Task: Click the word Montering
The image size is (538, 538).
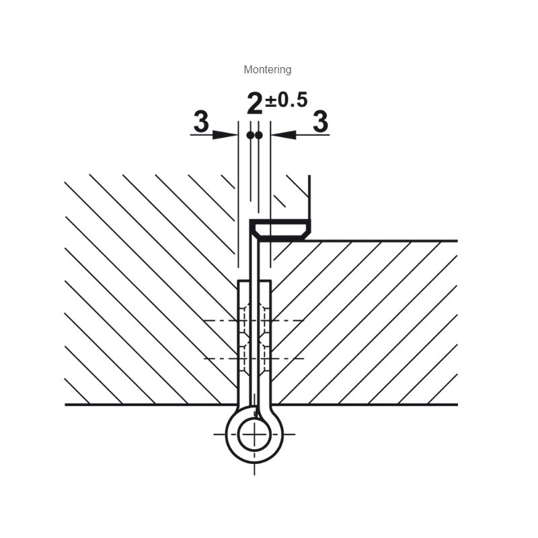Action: coord(267,70)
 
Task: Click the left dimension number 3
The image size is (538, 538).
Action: coord(201,121)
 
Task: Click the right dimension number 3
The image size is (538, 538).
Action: coord(321,121)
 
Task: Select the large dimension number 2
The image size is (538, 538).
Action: coord(255,104)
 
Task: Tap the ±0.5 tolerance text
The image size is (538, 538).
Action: coord(286,100)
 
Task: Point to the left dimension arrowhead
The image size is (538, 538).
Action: coord(225,135)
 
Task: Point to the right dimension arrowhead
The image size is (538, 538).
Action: coord(283,135)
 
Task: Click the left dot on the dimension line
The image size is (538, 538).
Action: coord(250,136)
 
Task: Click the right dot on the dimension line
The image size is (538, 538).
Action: coord(259,136)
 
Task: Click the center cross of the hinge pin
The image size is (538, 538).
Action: coord(254,434)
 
